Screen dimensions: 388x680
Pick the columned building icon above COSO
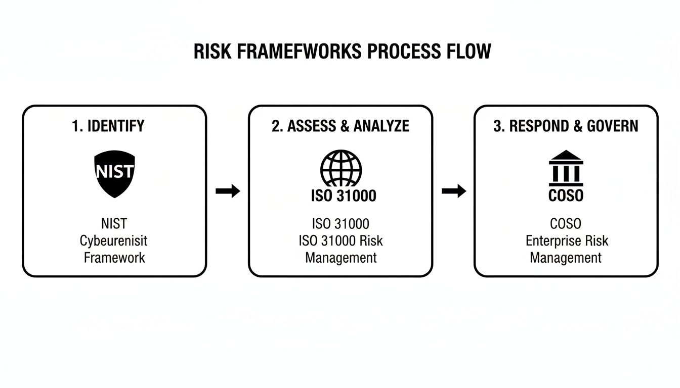click(566, 168)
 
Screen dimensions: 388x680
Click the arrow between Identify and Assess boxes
click(227, 191)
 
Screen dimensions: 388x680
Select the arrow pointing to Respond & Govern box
click(453, 191)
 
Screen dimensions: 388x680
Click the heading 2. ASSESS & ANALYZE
click(341, 126)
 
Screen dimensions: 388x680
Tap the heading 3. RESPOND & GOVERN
click(566, 126)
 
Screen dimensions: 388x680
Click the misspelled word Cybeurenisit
click(114, 240)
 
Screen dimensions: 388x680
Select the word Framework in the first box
click(114, 258)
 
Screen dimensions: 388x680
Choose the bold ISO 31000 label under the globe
click(344, 196)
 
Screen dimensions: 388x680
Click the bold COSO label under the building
click(566, 196)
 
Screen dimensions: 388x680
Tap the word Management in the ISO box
click(341, 258)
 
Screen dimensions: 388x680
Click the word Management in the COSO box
click(566, 258)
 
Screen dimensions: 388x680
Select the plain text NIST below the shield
click(114, 223)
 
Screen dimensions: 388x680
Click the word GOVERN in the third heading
click(612, 126)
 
